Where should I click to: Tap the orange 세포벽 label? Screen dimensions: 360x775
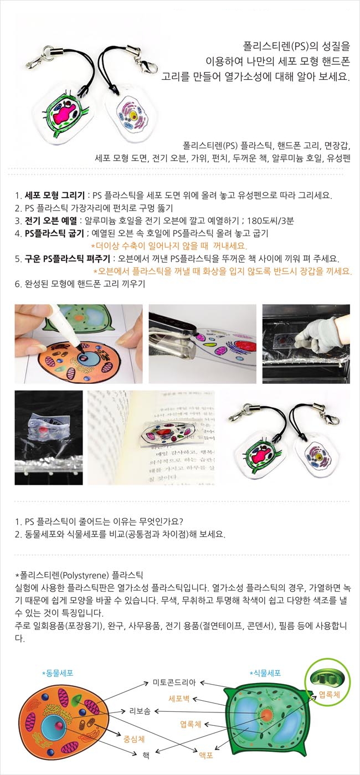pyautogui.click(x=179, y=699)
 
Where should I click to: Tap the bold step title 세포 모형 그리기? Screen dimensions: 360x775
pyautogui.click(x=55, y=195)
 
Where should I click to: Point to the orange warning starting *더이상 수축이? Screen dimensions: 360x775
pyautogui.click(x=169, y=246)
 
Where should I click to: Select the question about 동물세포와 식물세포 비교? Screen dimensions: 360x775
pyautogui.click(x=120, y=534)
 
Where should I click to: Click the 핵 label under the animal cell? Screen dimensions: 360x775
pyautogui.click(x=146, y=755)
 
